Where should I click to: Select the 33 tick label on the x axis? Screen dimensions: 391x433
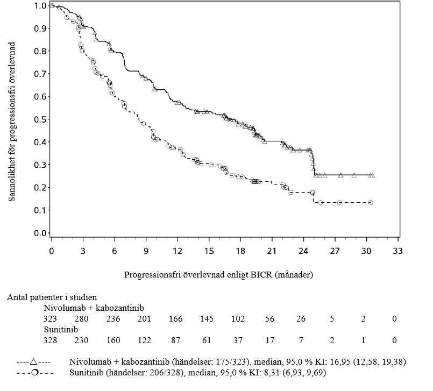[397, 251]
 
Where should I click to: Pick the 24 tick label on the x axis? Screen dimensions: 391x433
[303, 251]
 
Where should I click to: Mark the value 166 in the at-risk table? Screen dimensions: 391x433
[177, 319]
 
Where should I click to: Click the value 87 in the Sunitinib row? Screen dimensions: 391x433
[177, 340]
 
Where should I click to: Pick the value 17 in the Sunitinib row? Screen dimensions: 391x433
[271, 340]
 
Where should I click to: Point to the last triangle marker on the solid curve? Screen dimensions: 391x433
[372, 175]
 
